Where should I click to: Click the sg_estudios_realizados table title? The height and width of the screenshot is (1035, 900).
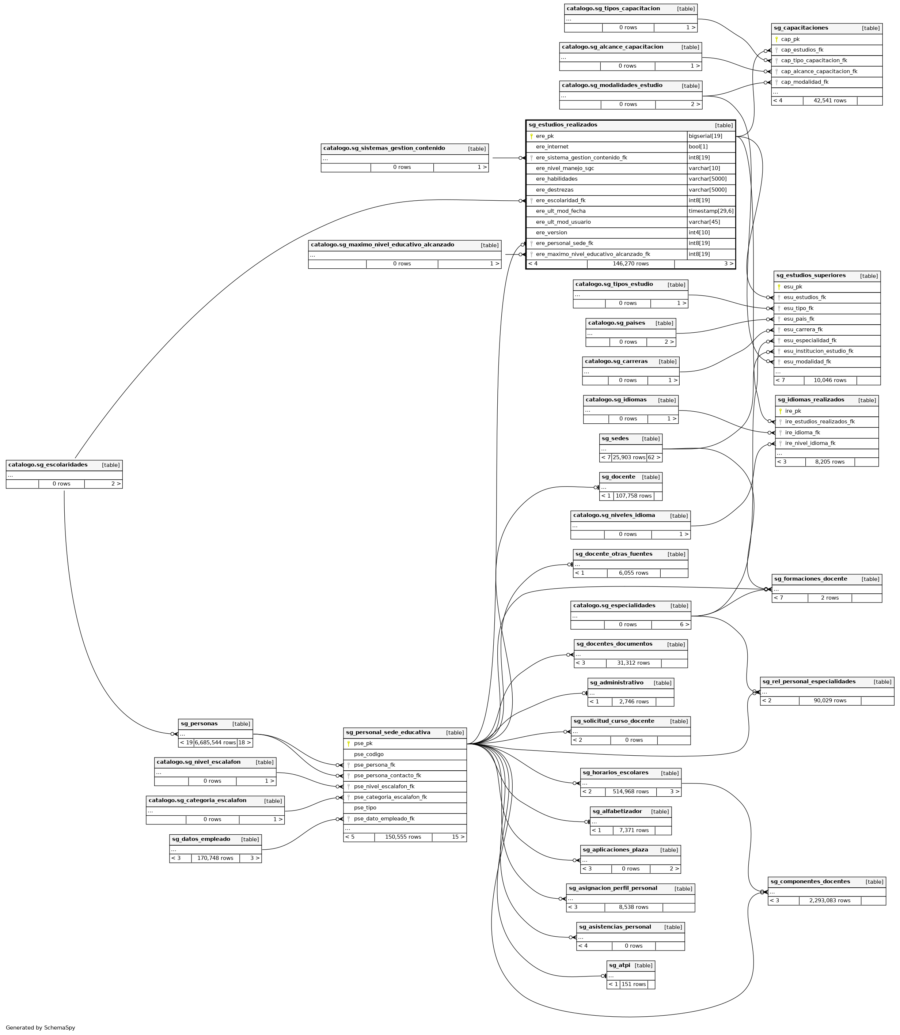click(562, 125)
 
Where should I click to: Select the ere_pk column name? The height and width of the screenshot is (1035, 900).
click(544, 136)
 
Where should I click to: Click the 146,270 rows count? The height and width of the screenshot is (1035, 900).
click(630, 264)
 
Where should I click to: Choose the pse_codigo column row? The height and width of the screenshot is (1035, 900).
click(369, 754)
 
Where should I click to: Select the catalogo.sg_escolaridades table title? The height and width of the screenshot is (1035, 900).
click(48, 465)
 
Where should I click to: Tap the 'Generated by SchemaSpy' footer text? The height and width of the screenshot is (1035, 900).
click(41, 1027)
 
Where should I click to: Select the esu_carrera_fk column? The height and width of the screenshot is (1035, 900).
click(803, 330)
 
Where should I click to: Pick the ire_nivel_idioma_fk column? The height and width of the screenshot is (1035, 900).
click(810, 443)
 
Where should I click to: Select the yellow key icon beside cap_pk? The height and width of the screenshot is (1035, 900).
click(776, 39)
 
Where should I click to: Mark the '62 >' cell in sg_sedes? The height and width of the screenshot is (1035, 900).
click(654, 458)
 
